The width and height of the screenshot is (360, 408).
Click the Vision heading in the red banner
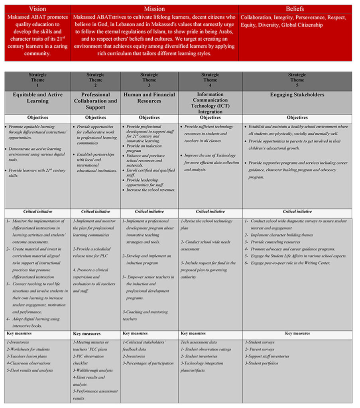pyautogui.click(x=37, y=9)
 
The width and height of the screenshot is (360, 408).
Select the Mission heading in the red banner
pyautogui.click(x=154, y=9)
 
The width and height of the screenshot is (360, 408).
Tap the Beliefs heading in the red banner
pyautogui.click(x=295, y=9)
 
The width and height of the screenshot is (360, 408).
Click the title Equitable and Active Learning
pyautogui.click(x=37, y=98)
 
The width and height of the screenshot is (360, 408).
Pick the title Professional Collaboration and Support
pyautogui.click(x=95, y=101)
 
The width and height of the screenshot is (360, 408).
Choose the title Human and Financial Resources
pyautogui.click(x=149, y=98)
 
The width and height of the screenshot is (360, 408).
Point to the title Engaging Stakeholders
pyautogui.click(x=297, y=95)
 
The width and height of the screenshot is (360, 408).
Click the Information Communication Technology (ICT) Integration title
pyautogui.click(x=210, y=103)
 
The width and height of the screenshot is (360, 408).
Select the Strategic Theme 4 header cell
pyautogui.click(x=210, y=80)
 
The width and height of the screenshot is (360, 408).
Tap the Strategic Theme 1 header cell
pyautogui.click(x=37, y=80)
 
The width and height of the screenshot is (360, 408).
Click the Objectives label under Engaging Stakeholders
pyautogui.click(x=297, y=118)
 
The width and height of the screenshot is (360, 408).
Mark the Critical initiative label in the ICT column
pyautogui.click(x=210, y=212)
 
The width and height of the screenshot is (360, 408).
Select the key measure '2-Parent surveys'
pyautogui.click(x=261, y=349)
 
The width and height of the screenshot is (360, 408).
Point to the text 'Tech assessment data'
pyautogui.click(x=199, y=342)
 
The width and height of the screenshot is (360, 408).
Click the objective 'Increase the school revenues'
pyautogui.click(x=151, y=190)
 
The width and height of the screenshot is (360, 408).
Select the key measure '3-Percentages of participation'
pyautogui.click(x=148, y=363)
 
